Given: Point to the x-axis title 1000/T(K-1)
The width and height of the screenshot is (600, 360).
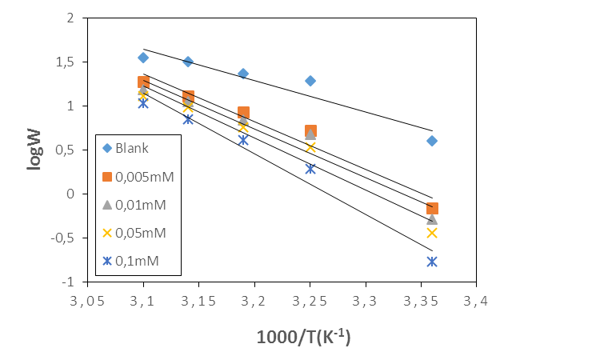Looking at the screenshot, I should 303,337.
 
